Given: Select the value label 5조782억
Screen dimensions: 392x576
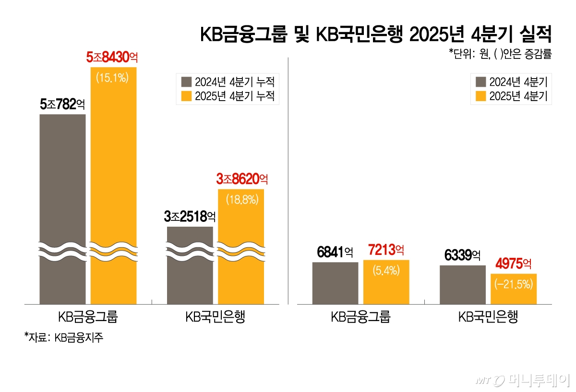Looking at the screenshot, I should click(62, 104).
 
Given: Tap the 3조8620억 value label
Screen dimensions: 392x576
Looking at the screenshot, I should click(242, 180).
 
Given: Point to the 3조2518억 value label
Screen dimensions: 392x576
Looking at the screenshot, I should click(190, 217).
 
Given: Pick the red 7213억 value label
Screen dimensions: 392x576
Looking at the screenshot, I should click(386, 250).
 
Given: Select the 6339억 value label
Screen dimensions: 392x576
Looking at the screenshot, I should click(462, 255).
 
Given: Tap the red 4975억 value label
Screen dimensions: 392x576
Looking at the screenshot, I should click(513, 264).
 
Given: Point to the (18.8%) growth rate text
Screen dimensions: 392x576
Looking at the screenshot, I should click(241, 199).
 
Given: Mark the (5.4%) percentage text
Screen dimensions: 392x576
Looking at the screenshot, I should click(386, 270).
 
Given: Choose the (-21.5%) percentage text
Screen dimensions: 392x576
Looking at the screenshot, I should click(513, 285).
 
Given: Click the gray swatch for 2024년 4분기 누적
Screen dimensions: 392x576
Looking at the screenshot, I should click(186, 81).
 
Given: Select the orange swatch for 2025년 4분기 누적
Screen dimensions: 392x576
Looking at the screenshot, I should click(186, 96).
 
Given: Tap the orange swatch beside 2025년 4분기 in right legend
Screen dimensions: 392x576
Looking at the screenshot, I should click(480, 96).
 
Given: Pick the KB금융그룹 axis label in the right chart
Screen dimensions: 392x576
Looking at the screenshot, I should click(360, 317).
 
